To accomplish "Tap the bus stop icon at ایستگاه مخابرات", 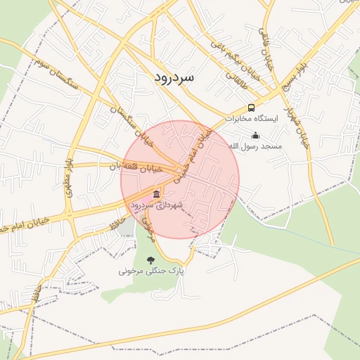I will [x=252, y=108].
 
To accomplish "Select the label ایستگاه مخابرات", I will [x=252, y=120].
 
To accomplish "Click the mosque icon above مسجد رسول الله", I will [x=255, y=135].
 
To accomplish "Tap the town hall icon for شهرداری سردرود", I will [x=156, y=194].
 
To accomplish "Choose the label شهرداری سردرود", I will [x=156, y=205].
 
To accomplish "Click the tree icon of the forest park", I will [x=150, y=259].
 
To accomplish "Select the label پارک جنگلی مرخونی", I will [x=150, y=270].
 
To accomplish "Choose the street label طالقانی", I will [x=236, y=79].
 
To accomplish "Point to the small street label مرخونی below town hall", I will [x=148, y=224].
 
